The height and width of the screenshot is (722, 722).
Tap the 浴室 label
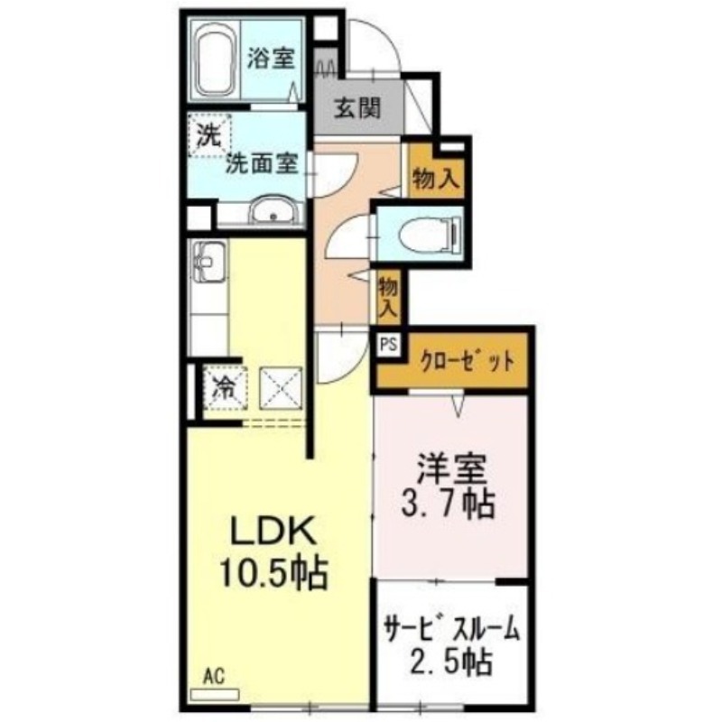tap(271, 58)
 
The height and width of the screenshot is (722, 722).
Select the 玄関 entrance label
tap(357, 108)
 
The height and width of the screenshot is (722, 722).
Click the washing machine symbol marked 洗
tap(209, 136)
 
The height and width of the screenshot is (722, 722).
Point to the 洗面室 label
tap(263, 162)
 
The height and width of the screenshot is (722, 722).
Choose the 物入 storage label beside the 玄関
tap(436, 178)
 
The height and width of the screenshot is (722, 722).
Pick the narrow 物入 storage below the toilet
tap(388, 298)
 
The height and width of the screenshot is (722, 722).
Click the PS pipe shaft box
tap(389, 345)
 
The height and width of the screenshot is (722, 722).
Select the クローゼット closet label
tap(467, 361)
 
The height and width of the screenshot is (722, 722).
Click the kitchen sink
tap(209, 262)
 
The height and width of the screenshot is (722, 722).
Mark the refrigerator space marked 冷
tap(226, 388)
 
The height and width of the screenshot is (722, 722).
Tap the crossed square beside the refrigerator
tap(281, 388)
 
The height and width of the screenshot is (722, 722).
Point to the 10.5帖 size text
tap(274, 572)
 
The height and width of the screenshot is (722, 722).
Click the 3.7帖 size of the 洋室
tap(449, 504)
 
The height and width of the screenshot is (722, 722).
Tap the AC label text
tap(214, 676)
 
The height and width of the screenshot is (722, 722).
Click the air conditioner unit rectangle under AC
tap(215, 694)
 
